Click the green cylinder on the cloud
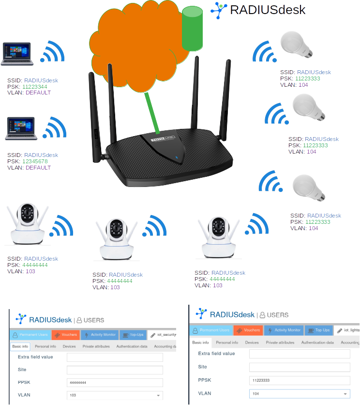point(193,29)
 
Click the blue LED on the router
point(177,157)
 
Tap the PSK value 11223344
point(34,86)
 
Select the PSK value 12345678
point(34,161)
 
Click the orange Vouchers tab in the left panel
point(65,334)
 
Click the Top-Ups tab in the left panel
point(133,334)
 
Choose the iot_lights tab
point(348,330)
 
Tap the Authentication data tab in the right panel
point(317,343)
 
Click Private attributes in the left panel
point(96,346)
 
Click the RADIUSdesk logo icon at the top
point(220,10)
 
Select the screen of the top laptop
point(16,51)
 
